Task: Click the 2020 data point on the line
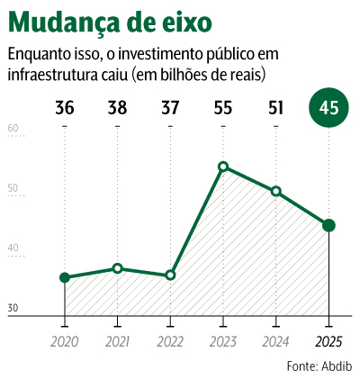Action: click(x=65, y=277)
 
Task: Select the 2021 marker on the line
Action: click(x=118, y=268)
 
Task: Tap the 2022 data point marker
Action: click(x=170, y=275)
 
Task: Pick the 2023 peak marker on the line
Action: click(x=223, y=167)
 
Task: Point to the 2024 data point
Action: click(x=276, y=191)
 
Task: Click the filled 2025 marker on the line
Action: click(x=328, y=225)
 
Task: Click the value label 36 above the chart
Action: click(x=65, y=108)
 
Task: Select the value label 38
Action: click(x=118, y=108)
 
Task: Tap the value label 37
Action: click(x=170, y=108)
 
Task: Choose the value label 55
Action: click(x=223, y=108)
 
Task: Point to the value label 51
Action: click(x=275, y=108)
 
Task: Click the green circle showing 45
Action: click(x=328, y=108)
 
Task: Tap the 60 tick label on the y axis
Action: click(x=13, y=128)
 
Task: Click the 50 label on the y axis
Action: click(x=13, y=188)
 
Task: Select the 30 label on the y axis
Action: click(x=13, y=308)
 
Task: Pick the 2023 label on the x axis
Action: click(x=223, y=342)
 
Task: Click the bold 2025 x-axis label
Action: click(x=328, y=342)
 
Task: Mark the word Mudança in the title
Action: click(x=65, y=23)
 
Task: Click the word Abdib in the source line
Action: click(x=337, y=366)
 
